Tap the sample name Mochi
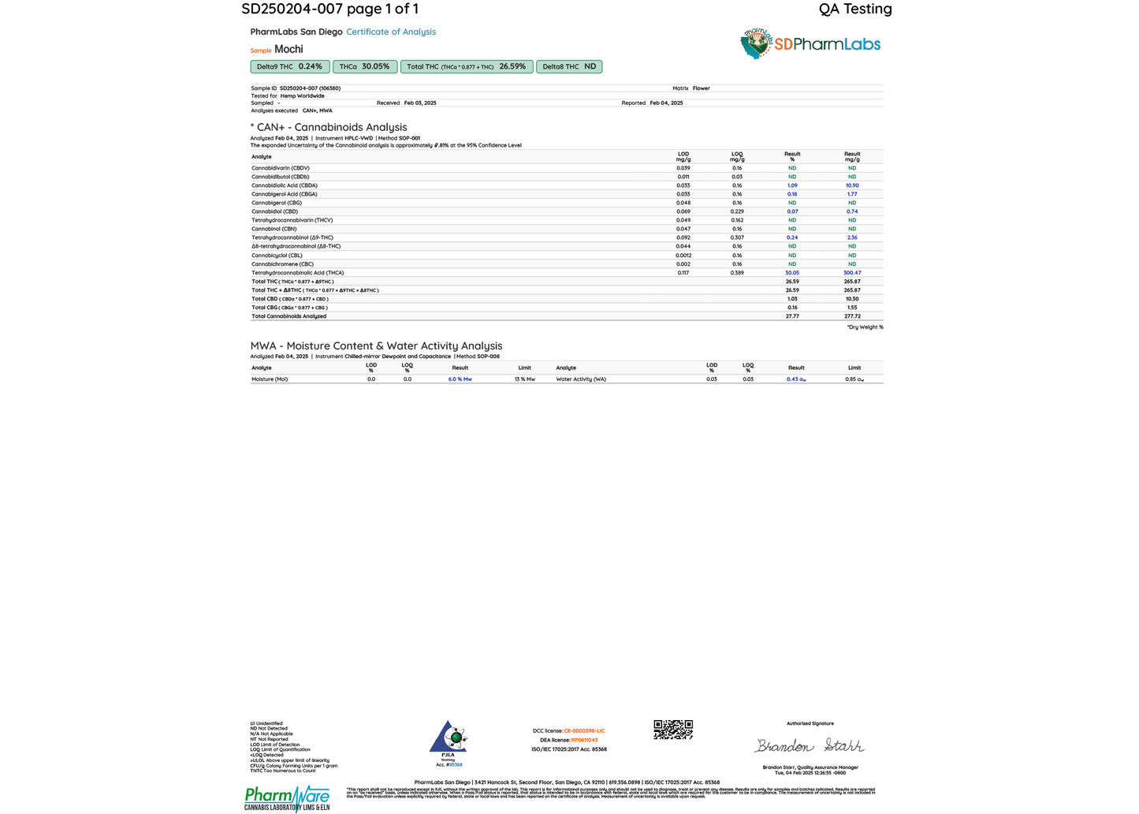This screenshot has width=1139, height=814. pyautogui.click(x=288, y=49)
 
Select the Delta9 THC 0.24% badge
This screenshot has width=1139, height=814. pyautogui.click(x=289, y=67)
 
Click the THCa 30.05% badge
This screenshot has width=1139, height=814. pyautogui.click(x=364, y=67)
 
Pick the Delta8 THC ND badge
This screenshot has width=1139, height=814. pyautogui.click(x=568, y=67)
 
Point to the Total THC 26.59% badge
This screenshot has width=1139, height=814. pyautogui.click(x=466, y=67)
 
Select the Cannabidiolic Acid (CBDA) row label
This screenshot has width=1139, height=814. pyautogui.click(x=284, y=185)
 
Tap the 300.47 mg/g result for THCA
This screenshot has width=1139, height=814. pyautogui.click(x=852, y=273)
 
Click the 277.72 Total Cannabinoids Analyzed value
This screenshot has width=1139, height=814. pyautogui.click(x=852, y=316)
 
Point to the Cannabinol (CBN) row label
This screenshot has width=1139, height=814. pyautogui.click(x=274, y=229)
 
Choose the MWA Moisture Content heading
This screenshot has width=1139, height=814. pyautogui.click(x=376, y=345)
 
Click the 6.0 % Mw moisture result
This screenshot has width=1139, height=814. pyautogui.click(x=460, y=379)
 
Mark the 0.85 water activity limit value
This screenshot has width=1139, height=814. pyautogui.click(x=854, y=379)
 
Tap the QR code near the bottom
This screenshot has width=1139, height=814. pyautogui.click(x=673, y=730)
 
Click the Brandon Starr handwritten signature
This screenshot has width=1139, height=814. pyautogui.click(x=810, y=745)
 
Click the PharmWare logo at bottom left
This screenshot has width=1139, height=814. pyautogui.click(x=287, y=798)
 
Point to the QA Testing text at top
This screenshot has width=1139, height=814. pyautogui.click(x=855, y=9)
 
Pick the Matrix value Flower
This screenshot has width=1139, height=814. pyautogui.click(x=701, y=88)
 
